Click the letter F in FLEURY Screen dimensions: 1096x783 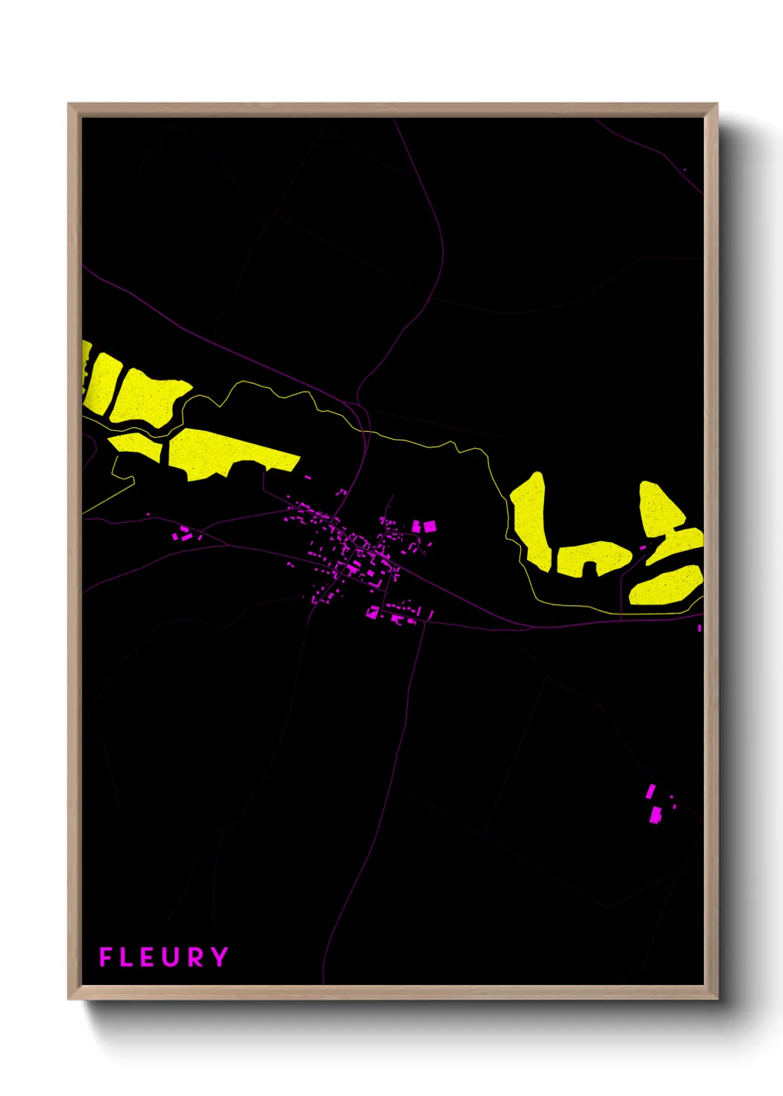[x=106, y=957]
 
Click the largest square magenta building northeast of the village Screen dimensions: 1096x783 [x=429, y=527]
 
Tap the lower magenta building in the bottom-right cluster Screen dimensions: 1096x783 [x=655, y=815]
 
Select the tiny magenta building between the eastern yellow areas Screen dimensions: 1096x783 [x=642, y=547]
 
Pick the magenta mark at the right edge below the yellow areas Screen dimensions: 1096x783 [x=699, y=628]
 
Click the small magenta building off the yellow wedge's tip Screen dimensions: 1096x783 [x=308, y=478]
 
